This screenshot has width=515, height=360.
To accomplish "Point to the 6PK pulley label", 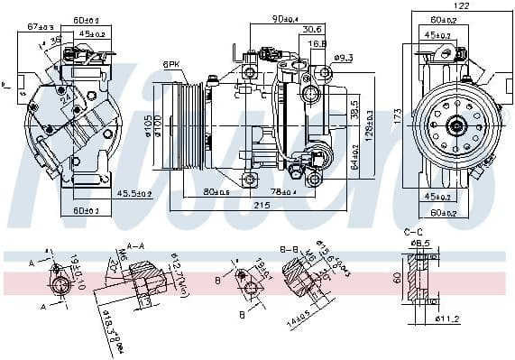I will (171, 63).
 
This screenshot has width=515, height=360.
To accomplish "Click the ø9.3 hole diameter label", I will (343, 59).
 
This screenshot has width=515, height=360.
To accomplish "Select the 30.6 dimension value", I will (312, 28).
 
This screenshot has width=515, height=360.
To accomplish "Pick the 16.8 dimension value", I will (317, 42).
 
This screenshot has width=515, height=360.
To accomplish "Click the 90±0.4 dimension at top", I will (288, 18).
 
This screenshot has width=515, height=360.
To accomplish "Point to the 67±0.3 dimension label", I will (41, 27).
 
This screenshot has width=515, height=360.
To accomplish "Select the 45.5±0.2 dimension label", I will (133, 193).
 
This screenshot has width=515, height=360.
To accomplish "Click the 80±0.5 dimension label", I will (216, 191).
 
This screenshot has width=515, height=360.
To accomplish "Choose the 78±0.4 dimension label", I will (283, 191).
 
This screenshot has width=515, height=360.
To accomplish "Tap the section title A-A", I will (137, 245).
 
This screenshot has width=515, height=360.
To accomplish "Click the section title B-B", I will (290, 247).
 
